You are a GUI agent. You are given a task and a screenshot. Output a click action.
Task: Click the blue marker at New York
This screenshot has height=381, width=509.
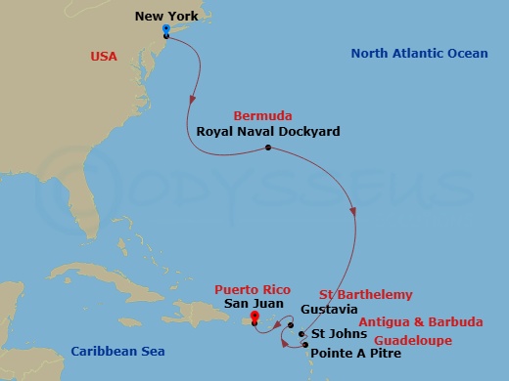[166, 31]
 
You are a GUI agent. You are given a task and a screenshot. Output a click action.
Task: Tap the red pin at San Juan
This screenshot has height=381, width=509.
[254, 317]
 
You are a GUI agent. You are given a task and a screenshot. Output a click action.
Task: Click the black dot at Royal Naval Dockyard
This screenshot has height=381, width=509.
[267, 148]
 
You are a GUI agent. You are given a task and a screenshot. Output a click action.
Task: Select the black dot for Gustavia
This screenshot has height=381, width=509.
[292, 313]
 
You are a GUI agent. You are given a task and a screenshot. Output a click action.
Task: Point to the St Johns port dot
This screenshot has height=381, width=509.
[301, 333]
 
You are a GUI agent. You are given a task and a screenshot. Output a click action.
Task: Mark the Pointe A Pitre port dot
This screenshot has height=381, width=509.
[301, 342]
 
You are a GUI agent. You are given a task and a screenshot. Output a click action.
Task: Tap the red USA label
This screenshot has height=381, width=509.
[102, 57]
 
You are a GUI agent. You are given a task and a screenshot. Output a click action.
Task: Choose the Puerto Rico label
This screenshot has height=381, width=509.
[248, 289]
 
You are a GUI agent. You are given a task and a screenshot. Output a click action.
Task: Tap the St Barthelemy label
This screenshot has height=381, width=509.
[366, 294]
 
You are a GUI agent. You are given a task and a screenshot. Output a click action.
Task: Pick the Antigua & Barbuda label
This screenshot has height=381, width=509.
[419, 321]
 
